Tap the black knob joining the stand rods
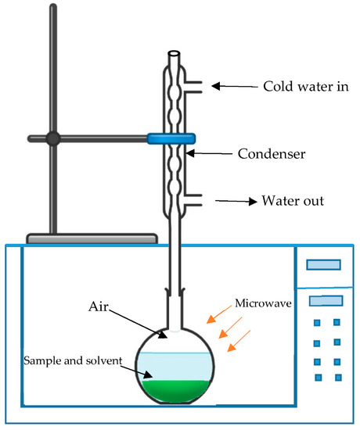pyautogui.click(x=52, y=138)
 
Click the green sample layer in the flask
pyautogui.click(x=177, y=390)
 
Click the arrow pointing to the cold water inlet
pyautogui.click(x=235, y=86)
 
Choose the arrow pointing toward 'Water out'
pyautogui.click(x=234, y=202)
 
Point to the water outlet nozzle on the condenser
pyautogui.click(x=195, y=201)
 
